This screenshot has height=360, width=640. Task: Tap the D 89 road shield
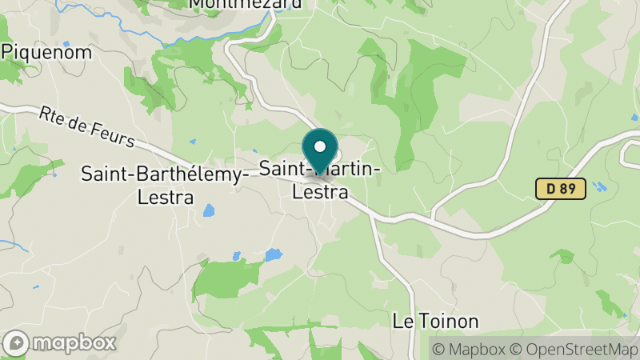point(561,189)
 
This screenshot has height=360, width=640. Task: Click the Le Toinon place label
point(435,322)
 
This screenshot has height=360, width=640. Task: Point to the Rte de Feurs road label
point(86,127)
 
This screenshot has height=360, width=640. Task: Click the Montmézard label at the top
point(246,4)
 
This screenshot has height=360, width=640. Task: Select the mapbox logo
point(60,343)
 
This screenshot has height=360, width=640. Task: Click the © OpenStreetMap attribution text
point(575,349)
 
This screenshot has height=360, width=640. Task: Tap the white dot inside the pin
point(320,146)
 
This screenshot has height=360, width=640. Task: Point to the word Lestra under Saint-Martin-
point(320,193)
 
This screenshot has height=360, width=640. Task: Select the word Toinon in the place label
point(449,322)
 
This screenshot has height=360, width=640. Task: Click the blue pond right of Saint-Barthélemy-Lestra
point(209,210)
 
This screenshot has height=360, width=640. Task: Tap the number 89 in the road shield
point(568,189)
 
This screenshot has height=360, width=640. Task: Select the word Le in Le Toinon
point(402,322)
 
